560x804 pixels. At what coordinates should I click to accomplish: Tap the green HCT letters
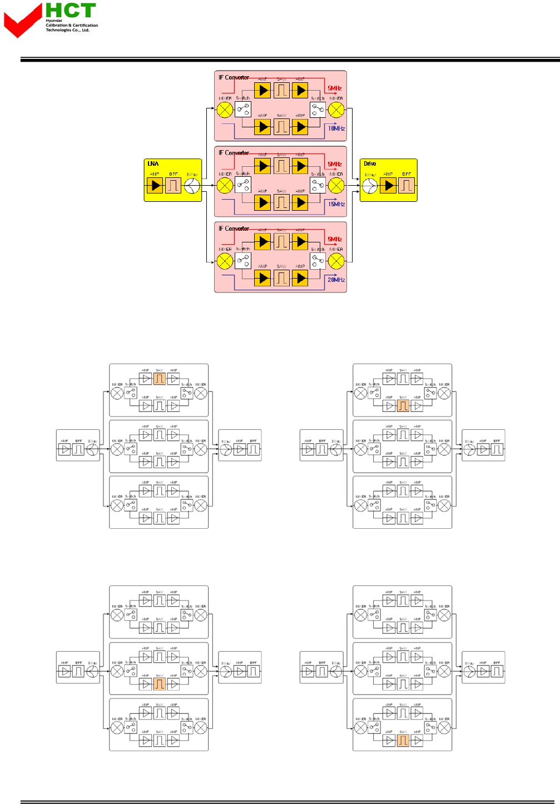(x=71, y=11)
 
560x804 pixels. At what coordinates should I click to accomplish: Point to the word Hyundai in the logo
(x=54, y=21)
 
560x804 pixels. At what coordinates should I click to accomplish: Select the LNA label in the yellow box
(x=153, y=163)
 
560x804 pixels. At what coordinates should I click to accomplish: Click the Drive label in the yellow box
(x=370, y=163)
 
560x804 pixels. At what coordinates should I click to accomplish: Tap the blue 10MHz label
(x=336, y=128)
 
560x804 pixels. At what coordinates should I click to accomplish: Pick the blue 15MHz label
(x=336, y=204)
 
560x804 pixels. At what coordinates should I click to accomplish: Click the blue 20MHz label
(x=336, y=280)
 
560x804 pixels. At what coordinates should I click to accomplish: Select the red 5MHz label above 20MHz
(x=334, y=239)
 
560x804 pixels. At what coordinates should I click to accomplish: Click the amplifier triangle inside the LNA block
(x=155, y=186)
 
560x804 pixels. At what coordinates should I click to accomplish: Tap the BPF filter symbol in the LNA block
(x=174, y=186)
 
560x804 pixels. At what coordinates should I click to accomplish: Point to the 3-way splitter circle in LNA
(x=192, y=186)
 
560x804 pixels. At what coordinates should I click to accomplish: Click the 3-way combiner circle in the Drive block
(x=370, y=186)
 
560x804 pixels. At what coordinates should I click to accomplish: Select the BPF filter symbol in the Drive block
(x=407, y=186)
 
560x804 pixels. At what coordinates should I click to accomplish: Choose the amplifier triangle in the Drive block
(x=388, y=186)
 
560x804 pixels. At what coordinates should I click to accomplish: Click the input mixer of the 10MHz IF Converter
(x=225, y=110)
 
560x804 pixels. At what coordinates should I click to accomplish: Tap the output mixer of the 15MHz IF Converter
(x=336, y=185)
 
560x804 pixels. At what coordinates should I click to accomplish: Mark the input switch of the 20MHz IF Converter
(x=243, y=260)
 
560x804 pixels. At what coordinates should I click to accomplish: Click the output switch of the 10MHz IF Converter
(x=318, y=110)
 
